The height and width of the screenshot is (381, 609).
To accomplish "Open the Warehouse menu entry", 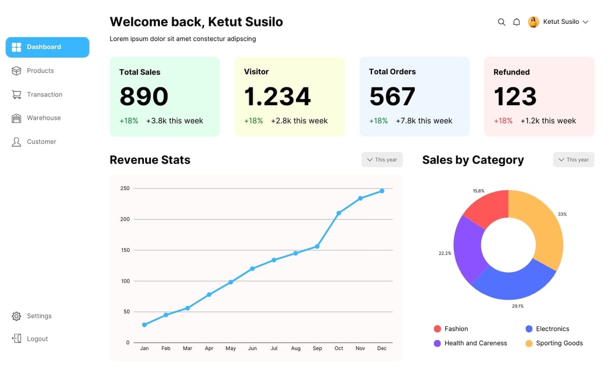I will point(43,118).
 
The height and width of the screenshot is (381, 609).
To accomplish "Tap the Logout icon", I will point(17,339).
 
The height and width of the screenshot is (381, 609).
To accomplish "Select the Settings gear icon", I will point(17,316).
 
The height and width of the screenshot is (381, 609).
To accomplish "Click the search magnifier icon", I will point(501,22).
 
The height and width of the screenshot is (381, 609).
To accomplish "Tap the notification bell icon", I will point(517,22).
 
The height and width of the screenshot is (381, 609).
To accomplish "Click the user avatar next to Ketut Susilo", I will point(533,22).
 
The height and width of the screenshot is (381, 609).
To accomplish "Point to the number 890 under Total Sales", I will point(144,97).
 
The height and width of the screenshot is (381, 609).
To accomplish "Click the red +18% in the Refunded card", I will point(503,121).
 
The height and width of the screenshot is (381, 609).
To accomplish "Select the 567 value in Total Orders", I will point(392,97).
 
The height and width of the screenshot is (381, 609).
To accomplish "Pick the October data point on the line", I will point(339,213).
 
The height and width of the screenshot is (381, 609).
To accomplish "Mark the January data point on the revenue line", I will point(145,325).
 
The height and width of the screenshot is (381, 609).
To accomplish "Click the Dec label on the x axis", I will point(382,348).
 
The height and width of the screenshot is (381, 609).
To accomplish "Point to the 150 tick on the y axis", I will point(125,250).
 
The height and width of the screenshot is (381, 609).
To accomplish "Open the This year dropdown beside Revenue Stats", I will point(382,160).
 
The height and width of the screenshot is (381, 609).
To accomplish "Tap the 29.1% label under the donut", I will point(518,306).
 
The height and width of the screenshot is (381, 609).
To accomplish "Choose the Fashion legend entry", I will point(456,329).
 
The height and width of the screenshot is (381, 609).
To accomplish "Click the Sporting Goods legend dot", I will point(529,343).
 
